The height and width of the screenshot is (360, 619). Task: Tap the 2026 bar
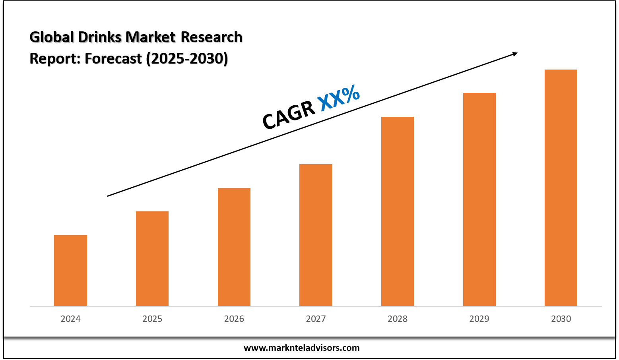coord(234,247)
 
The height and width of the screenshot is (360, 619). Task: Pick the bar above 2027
coord(316,235)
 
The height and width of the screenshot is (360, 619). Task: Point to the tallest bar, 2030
coord(561,188)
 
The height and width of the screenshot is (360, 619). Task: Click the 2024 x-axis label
coord(70,319)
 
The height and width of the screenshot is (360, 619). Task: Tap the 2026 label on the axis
coord(234,319)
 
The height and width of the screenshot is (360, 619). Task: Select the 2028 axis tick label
coord(398,319)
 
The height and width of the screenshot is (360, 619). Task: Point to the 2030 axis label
coord(561,319)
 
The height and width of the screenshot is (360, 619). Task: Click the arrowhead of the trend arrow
coord(515,54)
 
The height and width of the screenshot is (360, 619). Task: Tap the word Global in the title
coord(52,37)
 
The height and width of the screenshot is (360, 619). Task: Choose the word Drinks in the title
coord(100,37)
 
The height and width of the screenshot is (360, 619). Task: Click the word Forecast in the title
coord(113,58)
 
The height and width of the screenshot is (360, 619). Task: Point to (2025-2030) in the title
coord(187,58)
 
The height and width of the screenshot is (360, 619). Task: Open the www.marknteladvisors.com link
coord(301,348)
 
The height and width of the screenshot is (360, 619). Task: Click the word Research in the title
coord(212,37)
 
